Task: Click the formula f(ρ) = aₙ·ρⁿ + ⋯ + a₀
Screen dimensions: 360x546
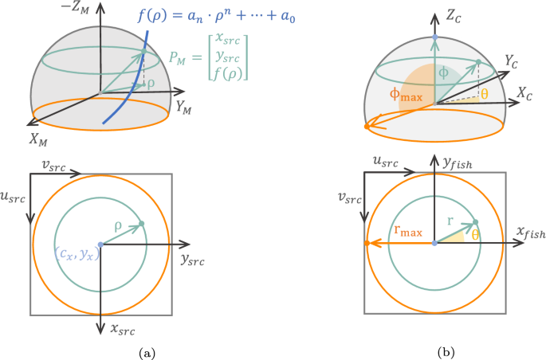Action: point(226,15)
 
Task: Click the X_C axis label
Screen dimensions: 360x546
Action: point(524,93)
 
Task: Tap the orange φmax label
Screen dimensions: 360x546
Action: point(406,95)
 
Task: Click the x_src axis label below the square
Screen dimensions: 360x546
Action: point(124,327)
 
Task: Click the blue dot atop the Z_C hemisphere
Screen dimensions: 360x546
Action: point(434,38)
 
